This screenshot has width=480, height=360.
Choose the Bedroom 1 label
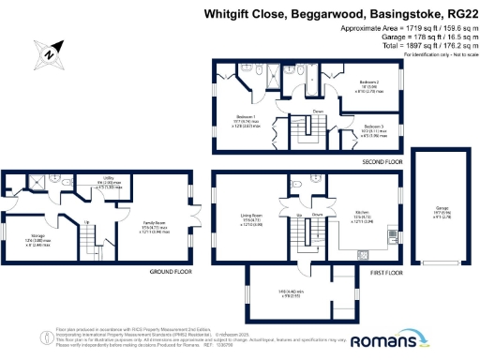(x=247, y=118)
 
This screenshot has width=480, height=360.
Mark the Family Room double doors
(x=194, y=223)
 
